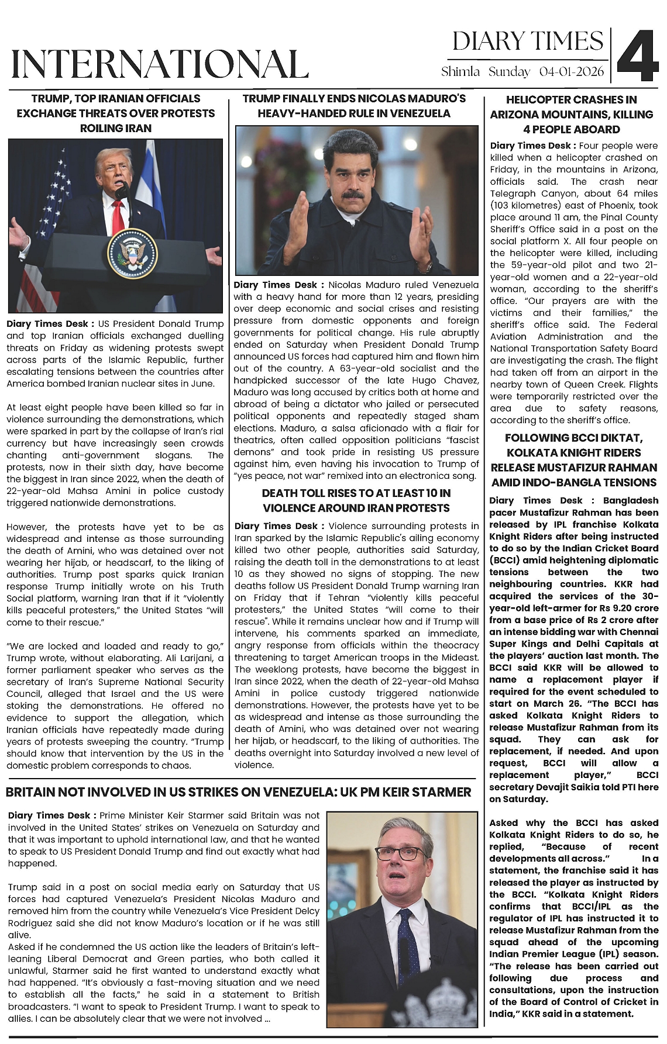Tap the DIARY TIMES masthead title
pos(528,42)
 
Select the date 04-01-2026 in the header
pos(572,72)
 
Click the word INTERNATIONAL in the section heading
pos(160,64)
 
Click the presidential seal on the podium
pos(132,253)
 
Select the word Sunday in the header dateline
pos(509,72)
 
